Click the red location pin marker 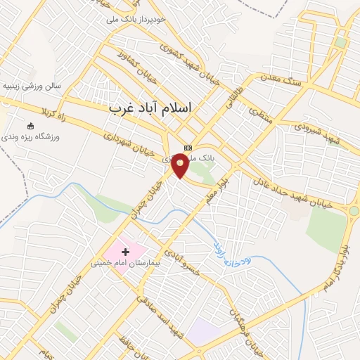click(x=181, y=166)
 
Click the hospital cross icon click(x=126, y=251)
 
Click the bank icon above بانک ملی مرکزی click(x=188, y=148)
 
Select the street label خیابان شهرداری click(x=130, y=142)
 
